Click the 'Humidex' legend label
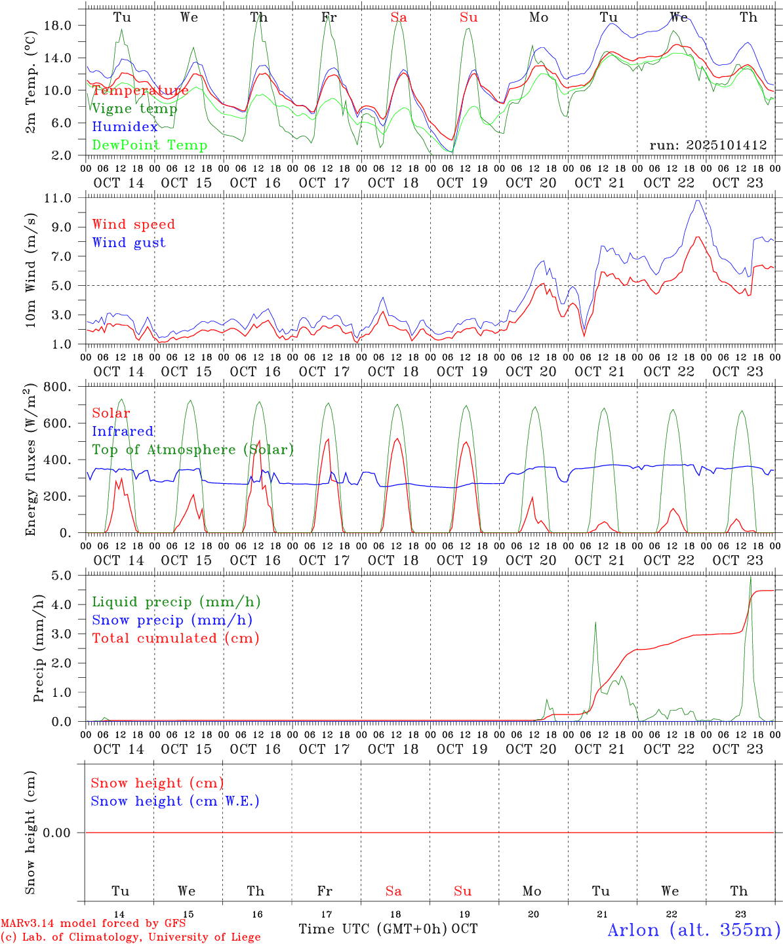point(125,127)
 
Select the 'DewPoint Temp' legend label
point(150,145)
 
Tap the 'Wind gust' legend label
point(129,243)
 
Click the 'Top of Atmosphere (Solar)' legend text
point(192,450)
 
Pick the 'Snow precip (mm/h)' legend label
point(172,620)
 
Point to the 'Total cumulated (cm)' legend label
point(175,638)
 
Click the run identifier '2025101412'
point(708,145)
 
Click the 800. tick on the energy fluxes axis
point(57,387)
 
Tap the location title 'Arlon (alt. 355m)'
point(694,930)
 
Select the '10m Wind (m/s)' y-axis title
point(31,271)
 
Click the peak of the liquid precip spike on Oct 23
point(751,577)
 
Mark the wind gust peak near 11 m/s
point(698,200)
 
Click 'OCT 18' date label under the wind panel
point(393,372)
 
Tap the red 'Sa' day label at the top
point(399,18)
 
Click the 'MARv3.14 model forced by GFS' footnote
point(93,923)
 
